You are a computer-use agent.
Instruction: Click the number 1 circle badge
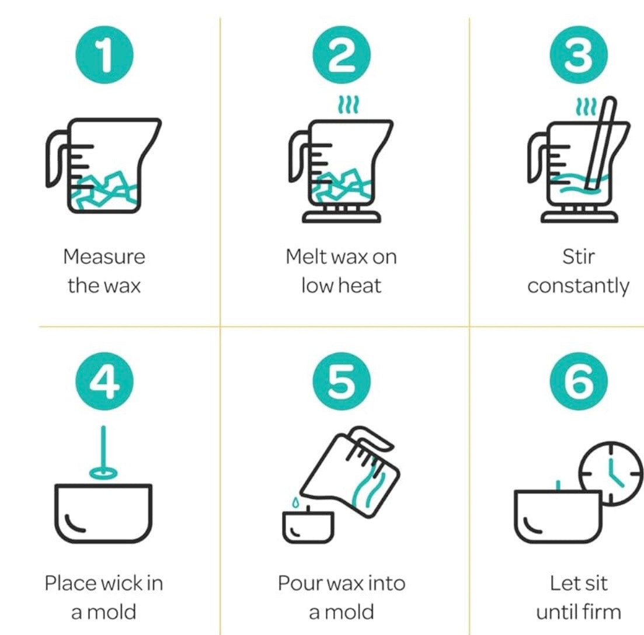pos(105,55)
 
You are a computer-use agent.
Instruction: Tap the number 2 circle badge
pos(342,55)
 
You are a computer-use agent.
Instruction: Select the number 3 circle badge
pos(579,55)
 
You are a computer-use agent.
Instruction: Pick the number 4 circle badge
pos(105,381)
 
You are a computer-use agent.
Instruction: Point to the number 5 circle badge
pos(342,381)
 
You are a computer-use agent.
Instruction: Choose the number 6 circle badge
pos(579,381)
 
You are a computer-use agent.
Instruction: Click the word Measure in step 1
pos(105,256)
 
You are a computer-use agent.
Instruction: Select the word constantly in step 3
pos(578,286)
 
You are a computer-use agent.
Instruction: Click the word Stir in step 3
pos(578,256)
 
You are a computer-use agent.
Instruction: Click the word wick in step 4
pos(120,583)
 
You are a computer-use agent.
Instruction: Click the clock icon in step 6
pos(611,473)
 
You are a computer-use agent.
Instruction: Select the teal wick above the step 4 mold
pos(103,452)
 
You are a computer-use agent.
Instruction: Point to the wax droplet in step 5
pos(295,502)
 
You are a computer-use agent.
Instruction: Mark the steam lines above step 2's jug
pos(349,105)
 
